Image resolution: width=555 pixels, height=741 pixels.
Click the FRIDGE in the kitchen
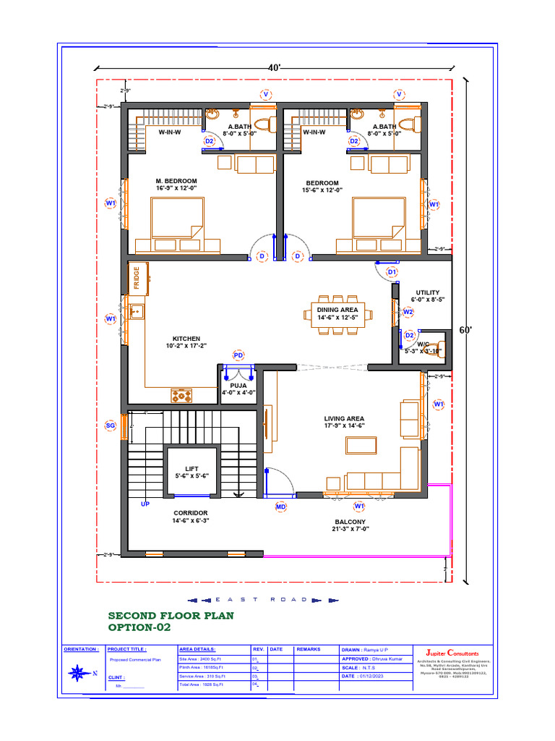(135, 279)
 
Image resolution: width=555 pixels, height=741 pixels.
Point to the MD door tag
(281, 507)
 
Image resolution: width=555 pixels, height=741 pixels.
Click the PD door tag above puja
(238, 355)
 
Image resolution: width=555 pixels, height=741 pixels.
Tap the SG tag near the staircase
(111, 425)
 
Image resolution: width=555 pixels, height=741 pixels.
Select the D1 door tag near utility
(392, 271)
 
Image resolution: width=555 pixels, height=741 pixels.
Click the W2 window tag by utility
(408, 312)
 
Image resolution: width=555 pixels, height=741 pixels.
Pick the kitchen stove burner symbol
(182, 395)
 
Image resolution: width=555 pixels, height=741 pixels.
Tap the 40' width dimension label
(275, 67)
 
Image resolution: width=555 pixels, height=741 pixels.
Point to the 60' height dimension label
(466, 330)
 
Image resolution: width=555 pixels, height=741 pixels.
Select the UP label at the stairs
(145, 503)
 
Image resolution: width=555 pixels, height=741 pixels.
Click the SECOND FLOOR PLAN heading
(171, 615)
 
